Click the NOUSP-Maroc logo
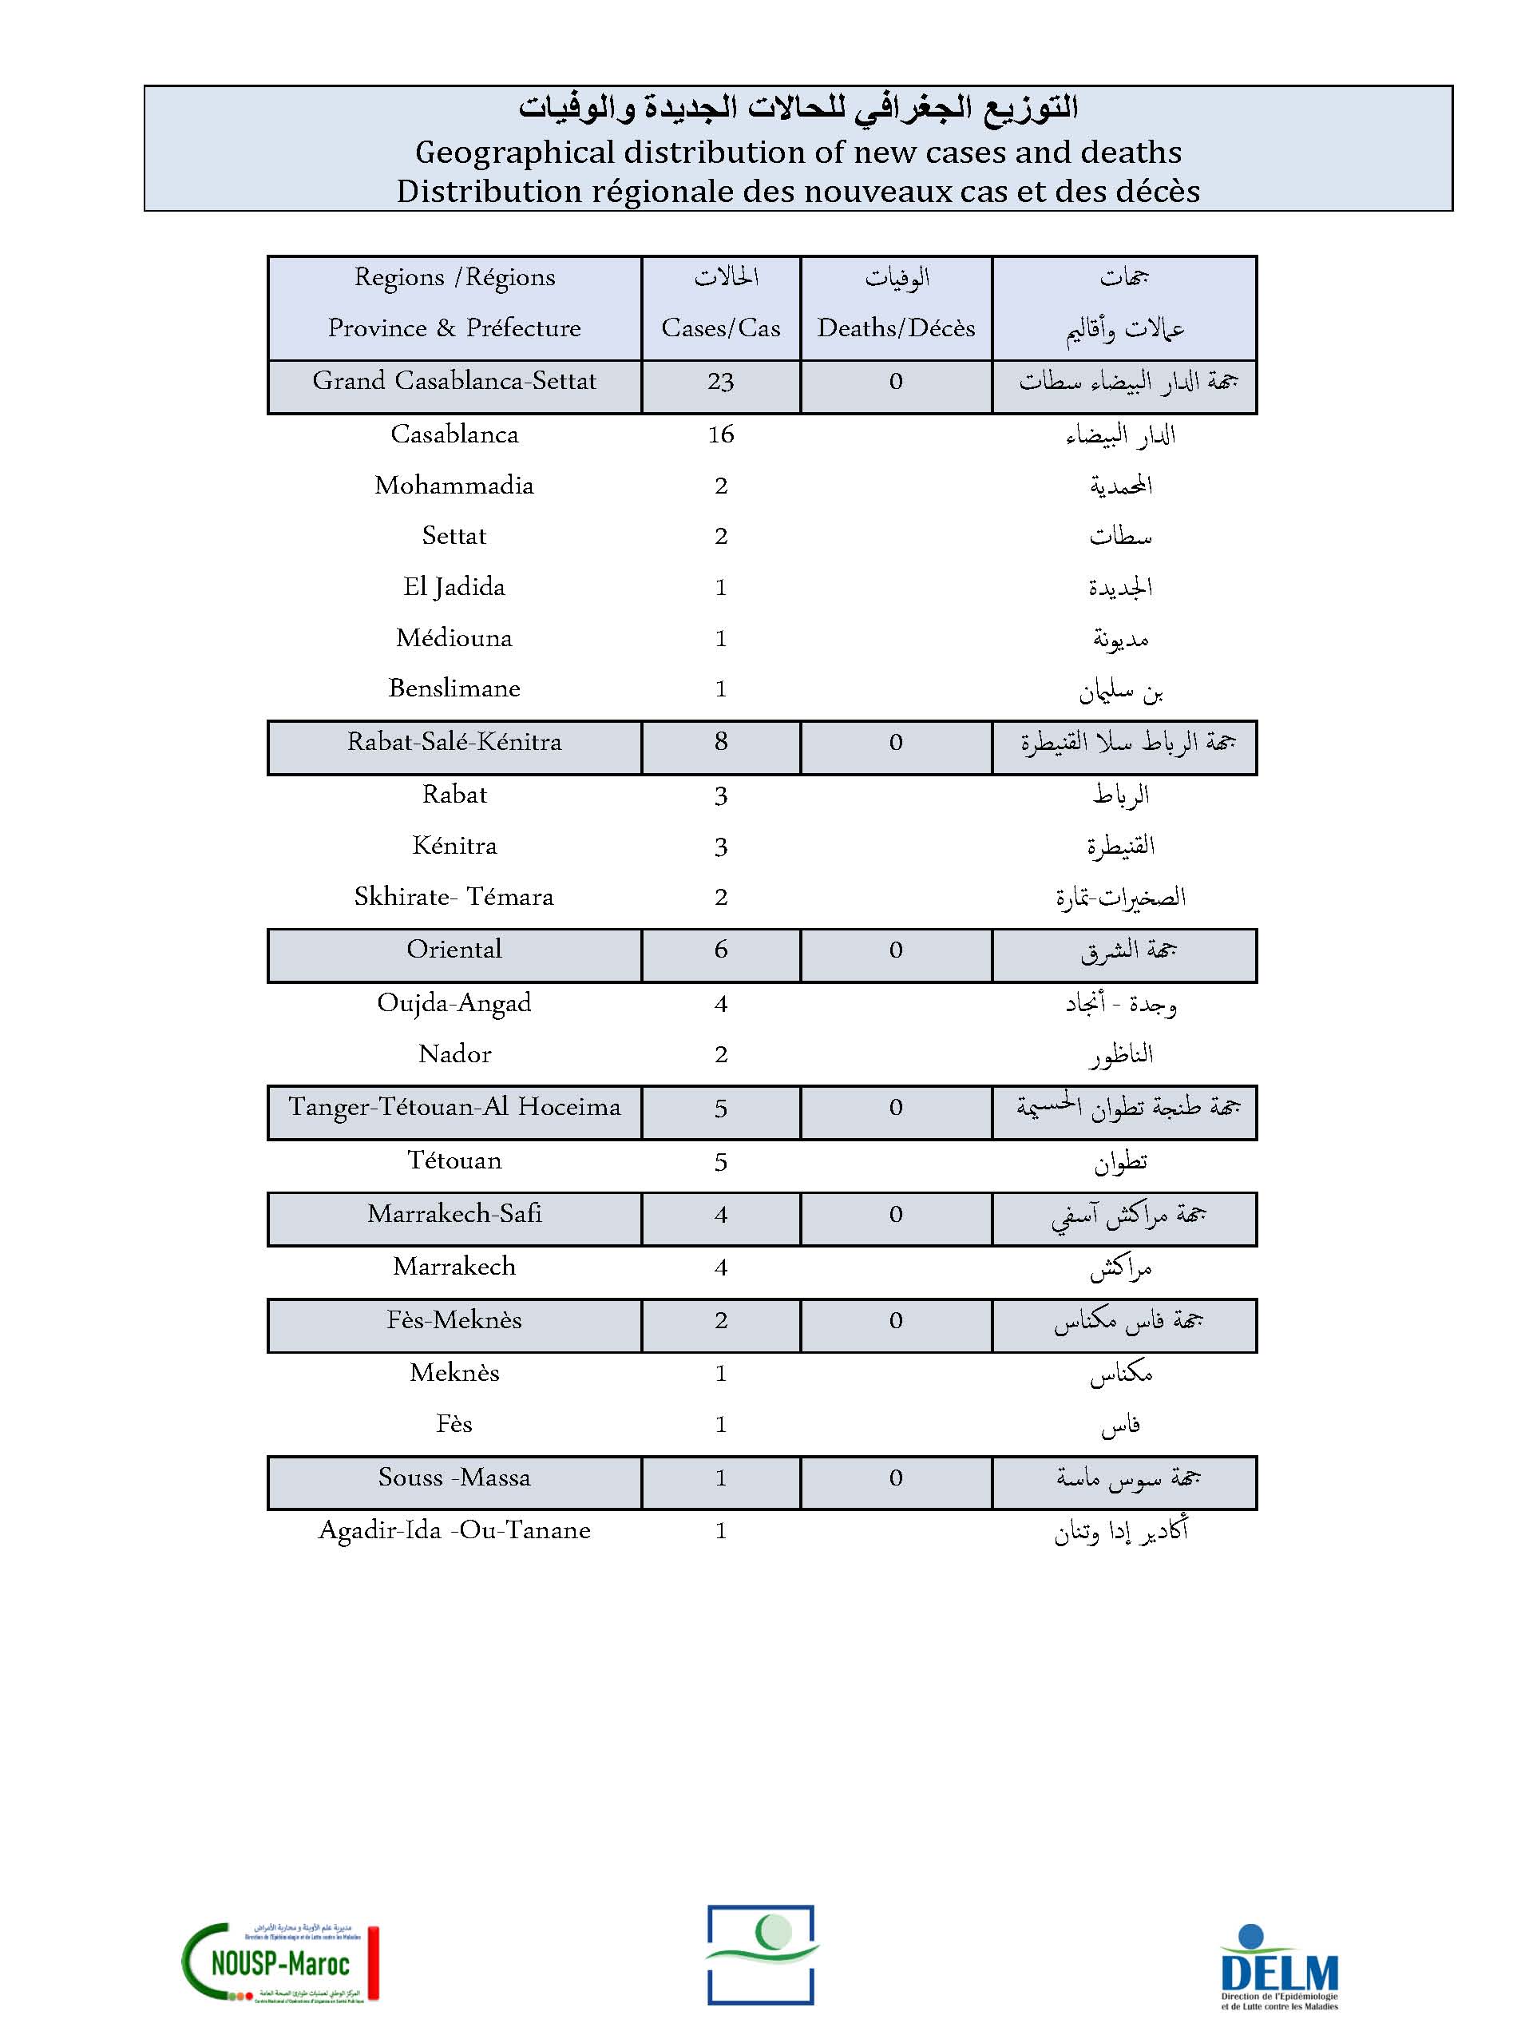279,1960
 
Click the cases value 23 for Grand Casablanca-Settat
720,382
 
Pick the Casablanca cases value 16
720,434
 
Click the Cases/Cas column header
720,328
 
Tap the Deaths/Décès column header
896,328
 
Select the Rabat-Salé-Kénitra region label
454,742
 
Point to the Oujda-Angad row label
454,1003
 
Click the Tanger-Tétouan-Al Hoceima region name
454,1107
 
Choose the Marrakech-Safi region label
454,1214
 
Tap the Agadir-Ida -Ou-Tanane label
454,1530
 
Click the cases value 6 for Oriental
720,950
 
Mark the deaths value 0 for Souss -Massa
896,1478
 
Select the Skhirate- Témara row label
454,897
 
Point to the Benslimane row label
454,688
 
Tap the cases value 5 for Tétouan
720,1162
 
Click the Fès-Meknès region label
454,1320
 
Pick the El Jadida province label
454,587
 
